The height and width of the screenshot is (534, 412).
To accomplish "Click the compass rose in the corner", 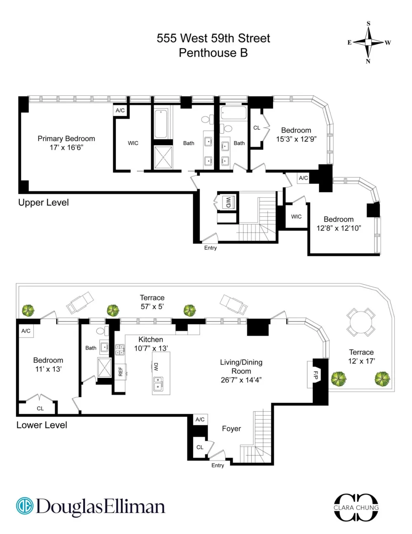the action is [x=368, y=42].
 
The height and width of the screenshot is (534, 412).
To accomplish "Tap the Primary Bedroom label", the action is [x=66, y=139].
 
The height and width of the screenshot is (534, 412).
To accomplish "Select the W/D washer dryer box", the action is [x=228, y=202].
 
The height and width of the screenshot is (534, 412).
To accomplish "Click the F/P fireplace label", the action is [x=316, y=375].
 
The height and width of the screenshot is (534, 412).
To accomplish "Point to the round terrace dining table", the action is [x=361, y=322].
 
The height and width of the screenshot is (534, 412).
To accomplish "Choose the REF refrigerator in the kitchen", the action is [x=120, y=371].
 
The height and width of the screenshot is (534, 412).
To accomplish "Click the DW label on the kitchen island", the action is [x=156, y=366].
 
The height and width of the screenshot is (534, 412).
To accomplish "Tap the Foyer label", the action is [x=231, y=428].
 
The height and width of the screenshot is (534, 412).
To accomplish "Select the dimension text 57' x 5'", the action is [x=152, y=307].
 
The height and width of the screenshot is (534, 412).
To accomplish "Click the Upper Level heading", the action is [x=43, y=203].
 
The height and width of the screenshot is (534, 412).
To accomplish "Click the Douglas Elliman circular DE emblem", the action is [x=25, y=506].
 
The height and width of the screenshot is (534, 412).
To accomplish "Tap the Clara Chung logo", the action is [x=356, y=507].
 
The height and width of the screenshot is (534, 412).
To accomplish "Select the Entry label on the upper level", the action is [x=211, y=248].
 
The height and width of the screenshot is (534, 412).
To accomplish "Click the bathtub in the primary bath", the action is [x=161, y=124].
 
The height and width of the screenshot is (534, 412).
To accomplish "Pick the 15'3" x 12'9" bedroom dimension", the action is [x=296, y=139].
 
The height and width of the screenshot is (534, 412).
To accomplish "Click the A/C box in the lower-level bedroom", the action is [x=26, y=331].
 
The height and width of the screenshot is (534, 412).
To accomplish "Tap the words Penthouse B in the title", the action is [x=213, y=53].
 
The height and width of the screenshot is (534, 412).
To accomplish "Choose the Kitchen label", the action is [x=150, y=339].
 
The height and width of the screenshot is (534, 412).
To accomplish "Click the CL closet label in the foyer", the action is [x=200, y=447].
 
